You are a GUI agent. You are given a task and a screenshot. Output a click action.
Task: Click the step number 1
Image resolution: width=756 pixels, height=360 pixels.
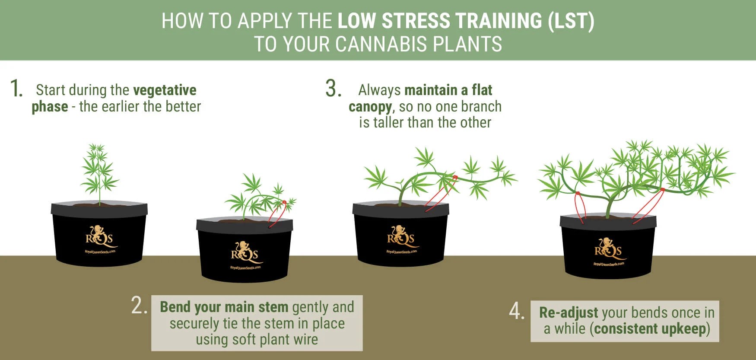(16, 89)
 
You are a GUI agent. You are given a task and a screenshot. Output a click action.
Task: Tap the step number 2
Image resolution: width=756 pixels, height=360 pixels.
(139, 306)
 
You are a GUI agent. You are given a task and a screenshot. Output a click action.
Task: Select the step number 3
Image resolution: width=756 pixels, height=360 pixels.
(333, 89)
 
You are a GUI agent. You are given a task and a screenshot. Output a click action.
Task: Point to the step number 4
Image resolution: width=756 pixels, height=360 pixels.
(516, 311)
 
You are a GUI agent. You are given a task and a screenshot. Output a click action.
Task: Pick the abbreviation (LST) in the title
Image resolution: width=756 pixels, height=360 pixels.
(571, 21)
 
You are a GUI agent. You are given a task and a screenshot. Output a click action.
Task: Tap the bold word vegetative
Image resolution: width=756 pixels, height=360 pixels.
(165, 90)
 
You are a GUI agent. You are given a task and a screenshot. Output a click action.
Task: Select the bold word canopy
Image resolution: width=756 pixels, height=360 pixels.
(370, 106)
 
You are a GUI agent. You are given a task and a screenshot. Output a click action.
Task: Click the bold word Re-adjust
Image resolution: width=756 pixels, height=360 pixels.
(568, 312)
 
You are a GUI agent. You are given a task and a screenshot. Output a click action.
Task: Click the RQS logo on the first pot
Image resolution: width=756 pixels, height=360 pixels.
(99, 236)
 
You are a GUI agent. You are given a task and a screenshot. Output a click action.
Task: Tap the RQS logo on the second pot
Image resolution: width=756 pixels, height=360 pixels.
(245, 252)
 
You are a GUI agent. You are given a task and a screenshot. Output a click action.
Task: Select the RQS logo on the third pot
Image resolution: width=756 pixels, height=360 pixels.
(401, 236)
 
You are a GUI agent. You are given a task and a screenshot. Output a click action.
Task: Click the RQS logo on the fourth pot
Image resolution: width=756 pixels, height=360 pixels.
(608, 248)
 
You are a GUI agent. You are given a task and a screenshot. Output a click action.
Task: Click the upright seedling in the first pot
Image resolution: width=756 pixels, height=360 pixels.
(99, 173)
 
